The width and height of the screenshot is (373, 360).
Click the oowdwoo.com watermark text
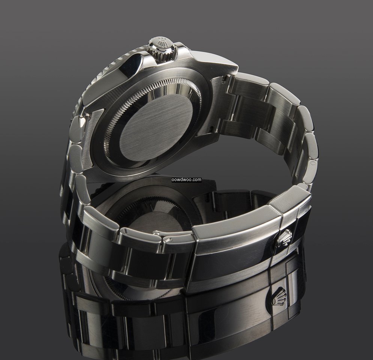(x=187, y=180)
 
